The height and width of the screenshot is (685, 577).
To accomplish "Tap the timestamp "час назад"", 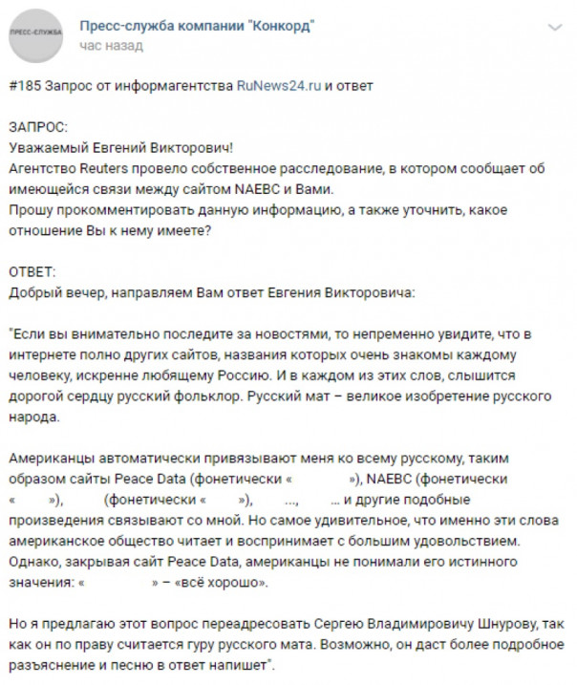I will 112,45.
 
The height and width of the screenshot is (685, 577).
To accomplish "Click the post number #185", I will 25,86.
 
